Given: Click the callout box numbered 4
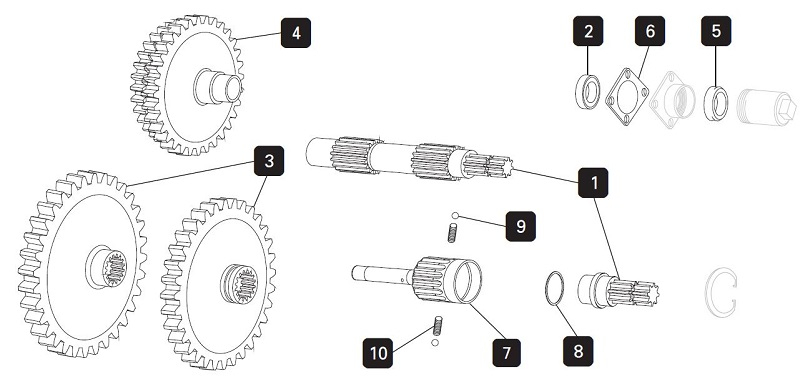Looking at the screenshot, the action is [x=296, y=33].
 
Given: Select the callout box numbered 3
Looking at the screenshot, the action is [x=269, y=161].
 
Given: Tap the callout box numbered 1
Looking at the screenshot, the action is [x=593, y=183].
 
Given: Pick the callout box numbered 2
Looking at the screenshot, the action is [x=588, y=31].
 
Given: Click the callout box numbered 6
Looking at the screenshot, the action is [x=650, y=31].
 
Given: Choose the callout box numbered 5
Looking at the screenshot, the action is [x=716, y=31].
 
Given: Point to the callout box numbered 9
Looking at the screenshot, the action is [x=520, y=226].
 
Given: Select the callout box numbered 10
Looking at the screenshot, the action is [x=378, y=353].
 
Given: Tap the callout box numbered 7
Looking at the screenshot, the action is [x=507, y=353].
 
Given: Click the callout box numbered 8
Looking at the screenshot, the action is [x=578, y=351].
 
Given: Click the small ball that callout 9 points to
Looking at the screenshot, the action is [x=455, y=216].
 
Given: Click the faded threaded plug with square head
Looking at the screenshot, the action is [x=766, y=107].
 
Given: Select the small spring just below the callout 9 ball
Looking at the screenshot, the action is [x=452, y=233].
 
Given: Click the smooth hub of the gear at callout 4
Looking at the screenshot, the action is [x=217, y=87].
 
